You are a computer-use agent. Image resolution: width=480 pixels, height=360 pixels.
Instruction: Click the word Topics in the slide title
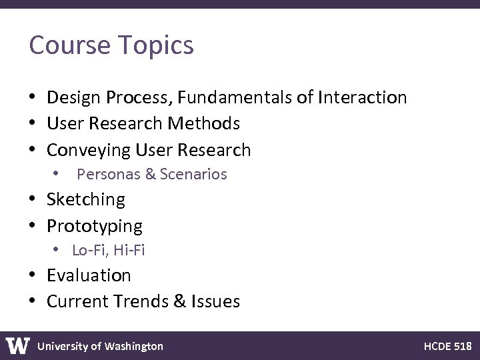tap(158, 46)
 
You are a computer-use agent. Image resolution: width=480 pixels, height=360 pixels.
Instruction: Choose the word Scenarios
tap(193, 175)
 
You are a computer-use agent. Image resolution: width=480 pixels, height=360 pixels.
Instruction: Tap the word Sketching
tap(85, 199)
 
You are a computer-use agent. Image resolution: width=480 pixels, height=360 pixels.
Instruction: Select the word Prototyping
tap(94, 226)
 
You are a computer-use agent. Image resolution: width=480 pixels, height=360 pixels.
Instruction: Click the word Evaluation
tap(89, 275)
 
